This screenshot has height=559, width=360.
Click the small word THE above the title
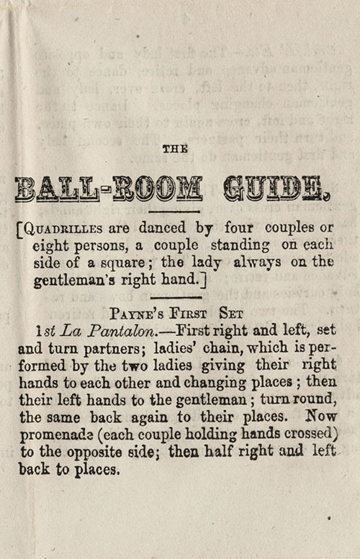click(x=175, y=149)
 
